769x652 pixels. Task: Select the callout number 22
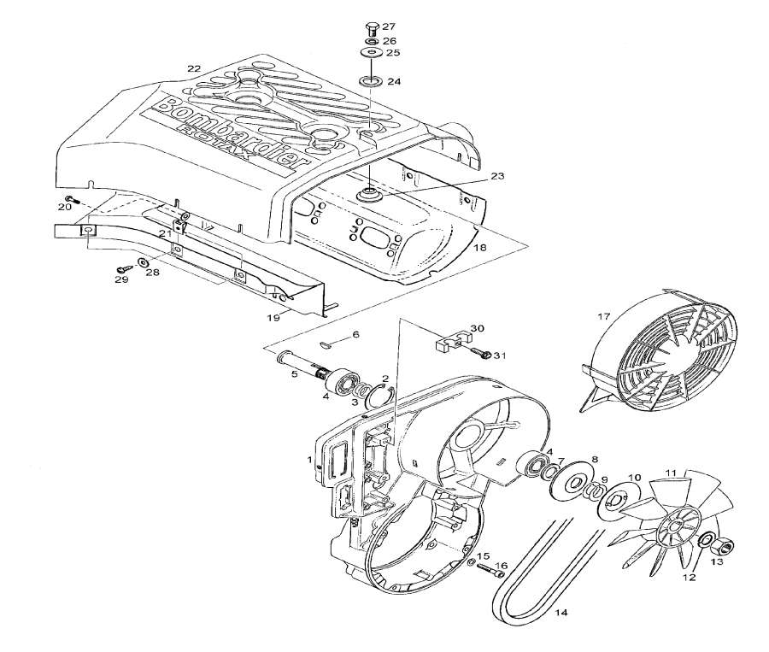coord(194,68)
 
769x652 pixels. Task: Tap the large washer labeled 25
coord(370,53)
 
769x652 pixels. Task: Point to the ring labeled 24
coord(371,81)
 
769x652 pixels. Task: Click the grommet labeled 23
coord(371,194)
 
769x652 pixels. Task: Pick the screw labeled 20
coord(73,202)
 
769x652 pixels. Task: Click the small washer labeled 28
coord(142,261)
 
